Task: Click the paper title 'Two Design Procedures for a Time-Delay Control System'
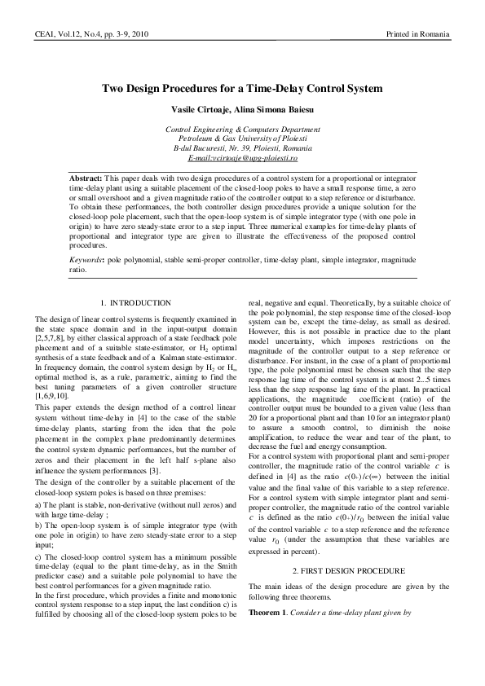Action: tap(242, 88)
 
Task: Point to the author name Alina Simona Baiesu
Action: tap(270, 109)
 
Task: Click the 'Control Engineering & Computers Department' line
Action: tap(242, 130)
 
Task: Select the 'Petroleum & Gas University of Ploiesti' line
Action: tap(242, 139)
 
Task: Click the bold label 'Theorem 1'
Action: tap(270, 587)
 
